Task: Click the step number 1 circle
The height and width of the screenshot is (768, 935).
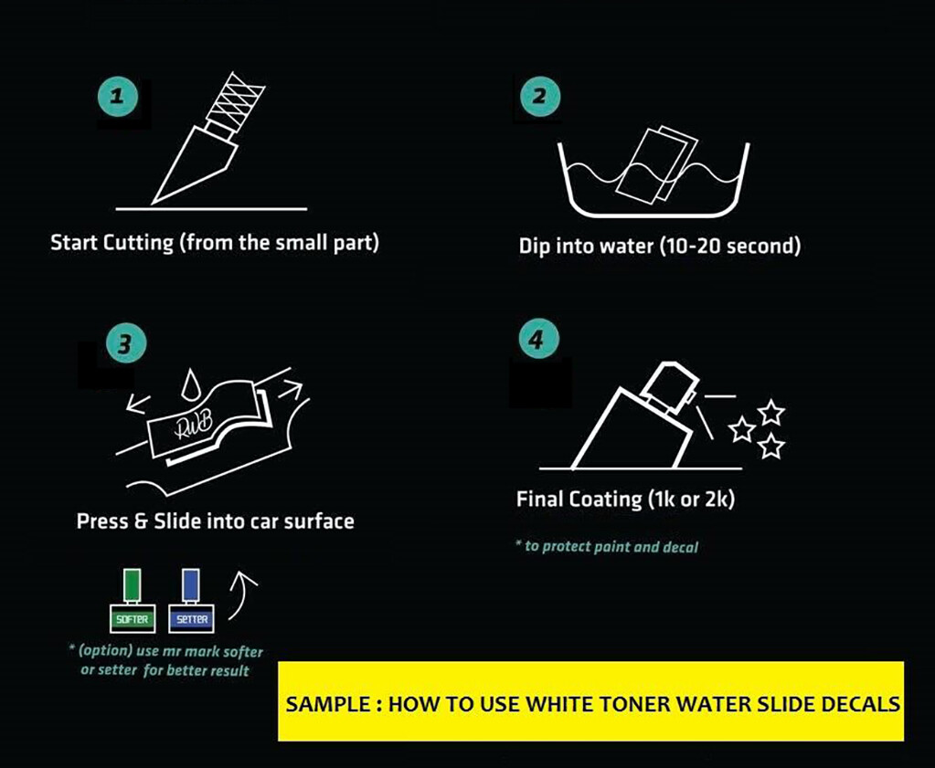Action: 118,95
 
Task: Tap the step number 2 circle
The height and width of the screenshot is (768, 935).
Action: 539,96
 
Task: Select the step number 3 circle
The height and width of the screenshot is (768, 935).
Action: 125,343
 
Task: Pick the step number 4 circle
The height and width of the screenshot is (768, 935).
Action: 538,339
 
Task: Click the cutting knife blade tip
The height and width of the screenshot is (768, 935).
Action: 154,203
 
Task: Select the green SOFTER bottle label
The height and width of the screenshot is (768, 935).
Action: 133,619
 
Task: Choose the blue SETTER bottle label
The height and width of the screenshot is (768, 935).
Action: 191,619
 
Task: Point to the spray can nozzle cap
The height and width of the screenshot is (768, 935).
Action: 668,385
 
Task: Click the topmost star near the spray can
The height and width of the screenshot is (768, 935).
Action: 771,412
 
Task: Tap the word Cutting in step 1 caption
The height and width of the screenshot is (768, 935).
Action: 138,243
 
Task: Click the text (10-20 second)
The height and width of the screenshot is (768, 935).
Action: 730,246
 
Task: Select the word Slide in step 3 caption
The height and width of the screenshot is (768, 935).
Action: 177,521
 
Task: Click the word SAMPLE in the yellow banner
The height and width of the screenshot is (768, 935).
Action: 328,704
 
